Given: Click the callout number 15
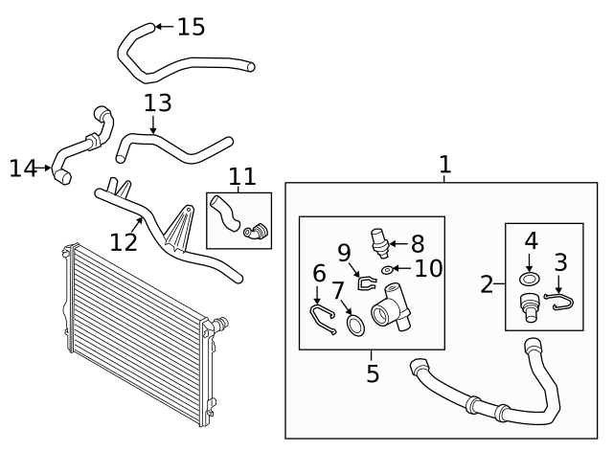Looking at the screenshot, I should [x=191, y=27].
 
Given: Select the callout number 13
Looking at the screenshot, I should [x=158, y=103].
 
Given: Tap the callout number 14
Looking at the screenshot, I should [x=22, y=169].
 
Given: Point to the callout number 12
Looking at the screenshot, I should [x=124, y=241].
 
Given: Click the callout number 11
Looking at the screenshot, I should [x=242, y=176].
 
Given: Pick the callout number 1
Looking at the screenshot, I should [x=444, y=165].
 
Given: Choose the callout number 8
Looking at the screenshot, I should [x=417, y=244].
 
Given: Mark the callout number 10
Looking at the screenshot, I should [x=428, y=269].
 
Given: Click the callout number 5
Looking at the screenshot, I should [x=373, y=372].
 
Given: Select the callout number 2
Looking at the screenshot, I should [x=487, y=283].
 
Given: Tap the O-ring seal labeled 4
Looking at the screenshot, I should [x=528, y=281].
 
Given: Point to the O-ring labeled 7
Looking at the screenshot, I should [x=355, y=327].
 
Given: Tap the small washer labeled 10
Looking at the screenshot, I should [x=386, y=271].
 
